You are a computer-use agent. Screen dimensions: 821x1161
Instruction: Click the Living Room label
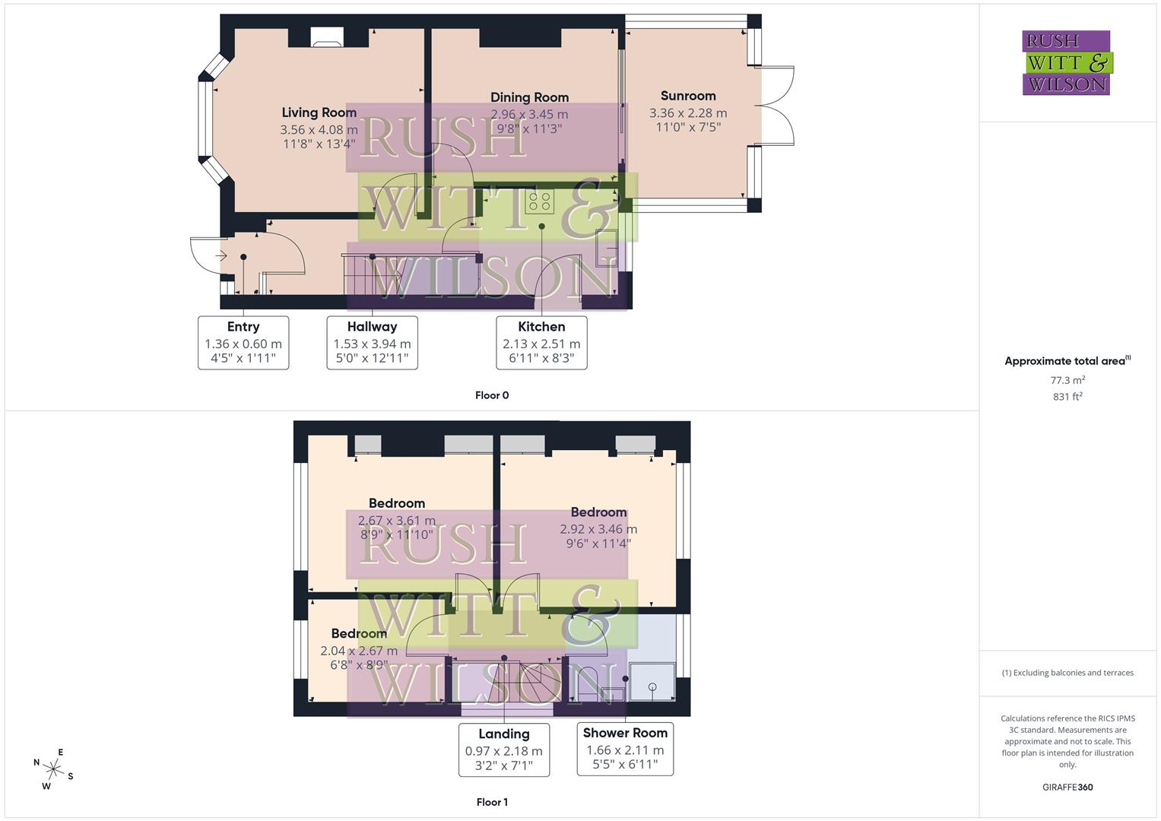tap(319, 113)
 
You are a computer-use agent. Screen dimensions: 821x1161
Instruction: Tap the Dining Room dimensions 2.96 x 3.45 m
tap(529, 114)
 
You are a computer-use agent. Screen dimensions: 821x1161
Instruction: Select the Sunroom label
tap(688, 96)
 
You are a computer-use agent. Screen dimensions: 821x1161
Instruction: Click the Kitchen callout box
tap(541, 343)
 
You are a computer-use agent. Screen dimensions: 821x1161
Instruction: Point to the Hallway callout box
tap(372, 343)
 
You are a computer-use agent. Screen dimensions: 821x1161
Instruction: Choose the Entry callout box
tap(243, 343)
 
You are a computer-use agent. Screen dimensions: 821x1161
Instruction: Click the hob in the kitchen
tap(540, 201)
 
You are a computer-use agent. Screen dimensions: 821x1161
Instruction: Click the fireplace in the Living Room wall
tap(327, 39)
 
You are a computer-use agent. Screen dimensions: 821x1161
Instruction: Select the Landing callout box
tap(503, 750)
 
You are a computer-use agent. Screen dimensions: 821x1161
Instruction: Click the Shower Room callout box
tap(625, 749)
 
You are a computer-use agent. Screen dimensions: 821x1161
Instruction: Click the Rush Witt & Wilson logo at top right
tap(1067, 62)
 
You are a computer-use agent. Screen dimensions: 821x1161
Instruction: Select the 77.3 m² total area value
tap(1067, 380)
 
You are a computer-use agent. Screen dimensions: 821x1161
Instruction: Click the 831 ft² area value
tap(1067, 396)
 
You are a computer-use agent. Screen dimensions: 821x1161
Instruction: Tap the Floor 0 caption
tap(492, 395)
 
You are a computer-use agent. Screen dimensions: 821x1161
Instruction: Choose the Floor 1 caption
tap(492, 802)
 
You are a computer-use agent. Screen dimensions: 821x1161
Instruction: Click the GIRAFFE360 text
tap(1067, 787)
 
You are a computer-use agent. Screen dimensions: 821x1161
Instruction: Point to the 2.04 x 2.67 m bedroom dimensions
tap(359, 651)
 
